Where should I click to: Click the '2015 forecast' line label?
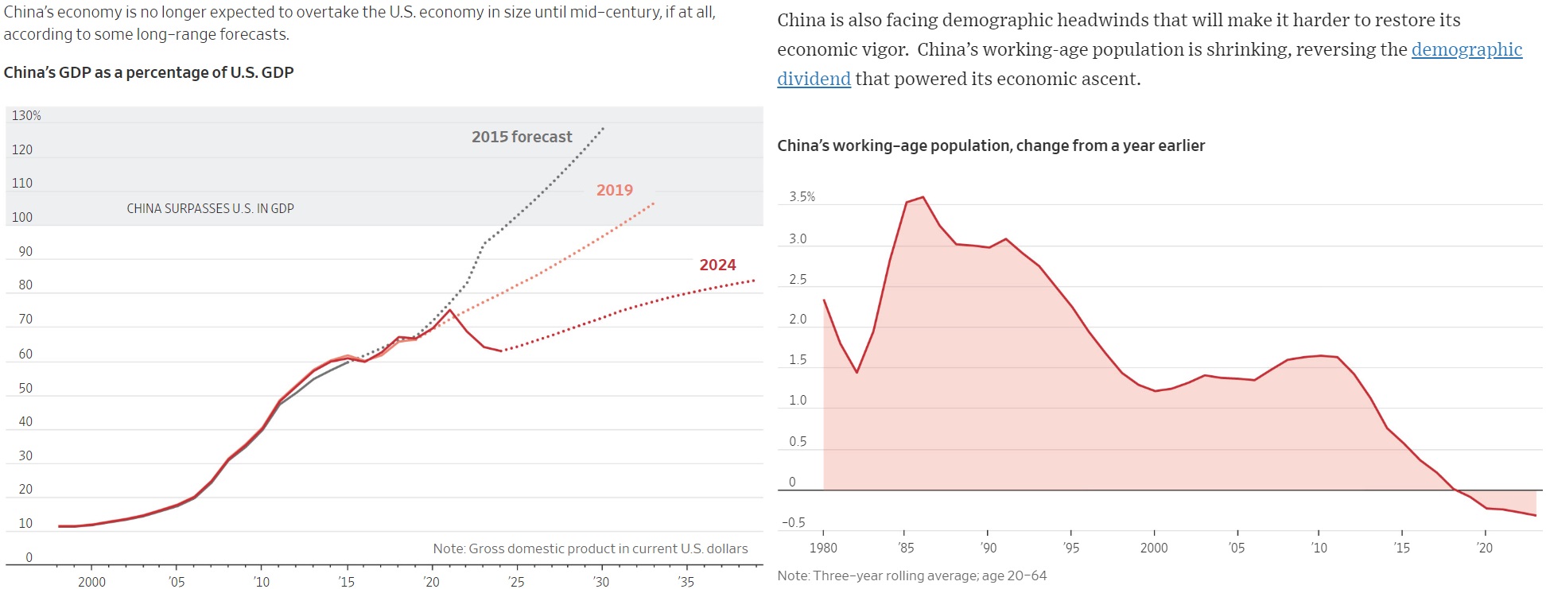pos(522,137)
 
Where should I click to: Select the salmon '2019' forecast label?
pos(615,190)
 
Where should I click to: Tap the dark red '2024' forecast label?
pos(717,265)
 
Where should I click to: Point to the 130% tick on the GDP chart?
pos(26,116)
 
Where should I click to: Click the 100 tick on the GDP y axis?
pos(22,217)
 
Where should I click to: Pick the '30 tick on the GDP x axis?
pos(601,582)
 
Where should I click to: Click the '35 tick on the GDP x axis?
pos(686,582)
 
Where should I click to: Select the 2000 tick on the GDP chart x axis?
pos(91,582)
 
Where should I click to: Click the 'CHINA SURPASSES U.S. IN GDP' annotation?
pos(210,208)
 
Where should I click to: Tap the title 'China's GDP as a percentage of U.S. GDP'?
pos(149,72)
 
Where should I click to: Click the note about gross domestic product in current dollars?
pos(590,548)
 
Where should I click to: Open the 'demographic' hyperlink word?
pos(1466,49)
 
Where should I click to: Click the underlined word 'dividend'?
pos(814,79)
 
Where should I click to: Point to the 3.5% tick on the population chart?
pos(802,197)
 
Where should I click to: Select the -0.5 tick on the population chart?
pos(793,522)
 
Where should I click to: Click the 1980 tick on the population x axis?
pos(823,548)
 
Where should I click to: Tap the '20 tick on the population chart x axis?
pos(1484,548)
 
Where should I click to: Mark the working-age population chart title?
pos(991,145)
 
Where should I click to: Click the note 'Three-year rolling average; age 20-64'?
pos(912,575)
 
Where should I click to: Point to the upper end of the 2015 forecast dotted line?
pos(603,128)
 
